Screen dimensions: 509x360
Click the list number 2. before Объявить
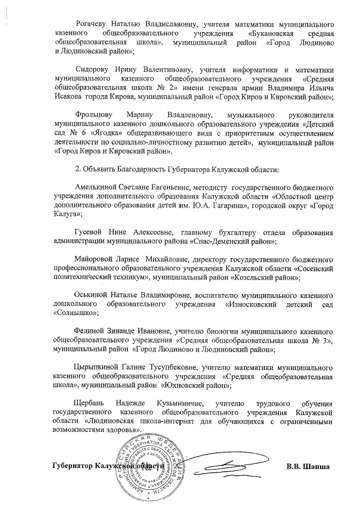click(x=78, y=169)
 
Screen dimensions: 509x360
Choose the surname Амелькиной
click(x=98, y=187)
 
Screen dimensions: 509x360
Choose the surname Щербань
click(x=91, y=403)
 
